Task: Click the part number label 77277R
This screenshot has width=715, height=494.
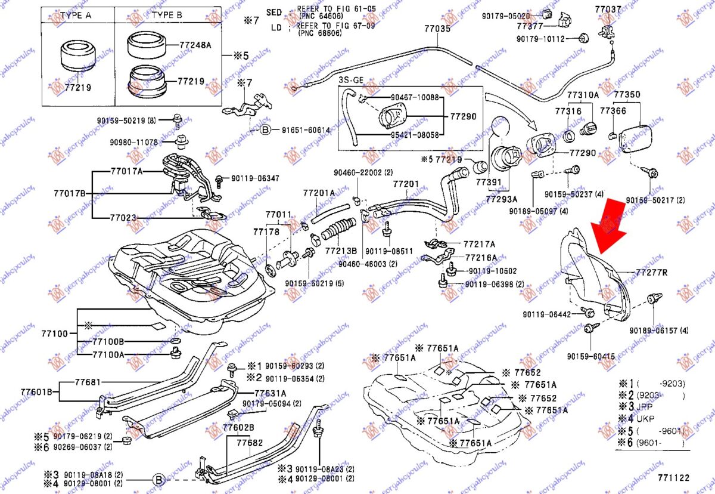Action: (651, 273)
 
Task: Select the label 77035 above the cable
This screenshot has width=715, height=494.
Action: (437, 28)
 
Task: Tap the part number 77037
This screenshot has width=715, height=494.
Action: (608, 9)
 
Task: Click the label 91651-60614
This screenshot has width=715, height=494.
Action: (306, 129)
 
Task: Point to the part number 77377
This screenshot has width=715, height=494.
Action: (529, 26)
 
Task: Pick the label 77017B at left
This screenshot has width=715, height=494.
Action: (69, 193)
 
